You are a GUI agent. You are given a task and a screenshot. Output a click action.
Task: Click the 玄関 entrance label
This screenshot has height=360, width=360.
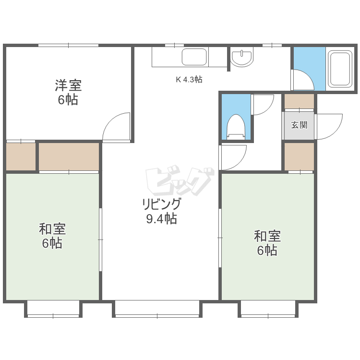coord(299,125)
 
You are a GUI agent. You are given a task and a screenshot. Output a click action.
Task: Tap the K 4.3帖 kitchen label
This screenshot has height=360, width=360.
coord(189,80)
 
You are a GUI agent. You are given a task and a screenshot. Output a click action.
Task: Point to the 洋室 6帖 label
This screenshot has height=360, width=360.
coord(68,93)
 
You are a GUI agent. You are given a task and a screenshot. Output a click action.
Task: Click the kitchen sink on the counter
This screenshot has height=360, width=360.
coord(194,57)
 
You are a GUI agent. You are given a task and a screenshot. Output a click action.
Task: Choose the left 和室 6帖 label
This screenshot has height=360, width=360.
coord(52,236)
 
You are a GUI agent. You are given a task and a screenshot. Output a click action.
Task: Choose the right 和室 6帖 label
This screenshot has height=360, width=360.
coord(267,243)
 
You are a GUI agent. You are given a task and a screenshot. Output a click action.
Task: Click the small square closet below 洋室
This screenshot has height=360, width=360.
coord(21,156)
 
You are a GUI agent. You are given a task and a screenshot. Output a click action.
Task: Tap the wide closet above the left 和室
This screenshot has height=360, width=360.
coord(69,156)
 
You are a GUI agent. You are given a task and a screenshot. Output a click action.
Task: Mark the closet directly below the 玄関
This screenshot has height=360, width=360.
coord(299,156)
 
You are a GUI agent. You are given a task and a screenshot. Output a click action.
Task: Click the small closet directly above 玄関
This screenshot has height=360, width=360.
coord(299,101)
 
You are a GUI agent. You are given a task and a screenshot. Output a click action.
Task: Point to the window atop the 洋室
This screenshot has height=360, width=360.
coord(68,46)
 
